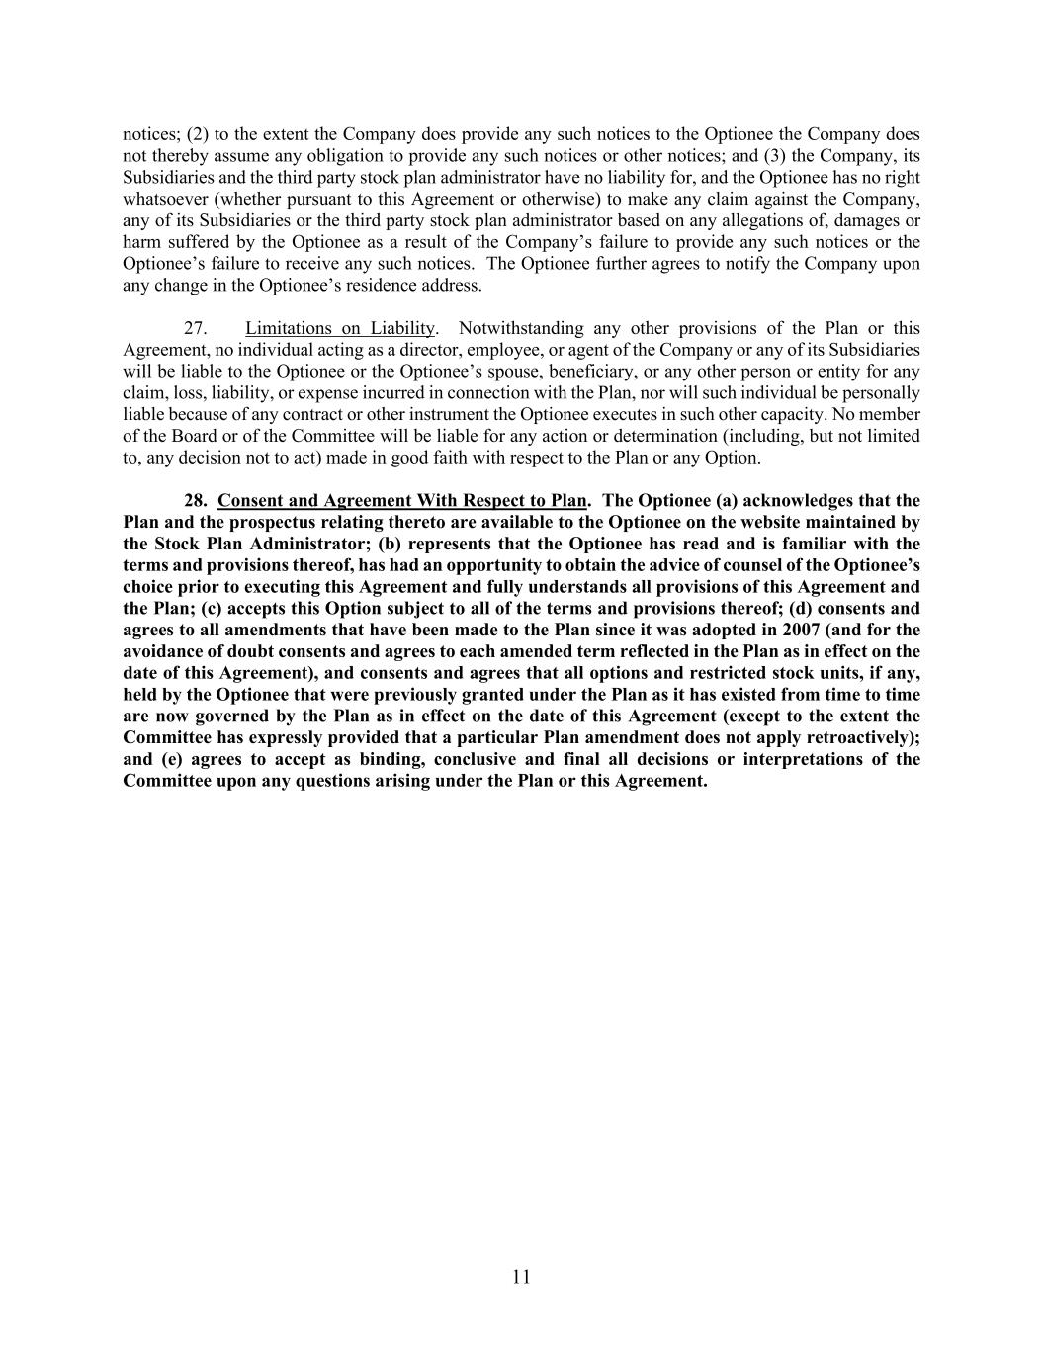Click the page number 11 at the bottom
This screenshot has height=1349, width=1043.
click(521, 1277)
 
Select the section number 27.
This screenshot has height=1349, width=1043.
click(196, 328)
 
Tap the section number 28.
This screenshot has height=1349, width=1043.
click(195, 500)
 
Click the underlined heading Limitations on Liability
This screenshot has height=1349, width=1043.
click(340, 328)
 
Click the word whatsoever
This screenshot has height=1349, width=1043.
click(163, 200)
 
